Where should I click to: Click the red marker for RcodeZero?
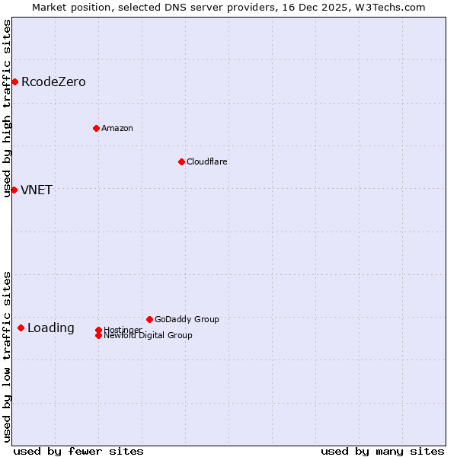(14, 81)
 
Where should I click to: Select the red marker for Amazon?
(96, 128)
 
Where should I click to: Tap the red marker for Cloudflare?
(181, 161)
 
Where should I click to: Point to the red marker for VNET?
(14, 190)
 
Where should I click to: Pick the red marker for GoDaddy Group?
(149, 319)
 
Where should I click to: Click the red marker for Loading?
(21, 328)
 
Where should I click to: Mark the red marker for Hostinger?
(98, 330)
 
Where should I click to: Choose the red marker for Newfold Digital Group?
(98, 335)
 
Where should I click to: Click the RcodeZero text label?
(53, 82)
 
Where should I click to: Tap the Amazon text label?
(117, 128)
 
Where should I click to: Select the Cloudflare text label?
(207, 161)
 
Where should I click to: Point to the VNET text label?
(37, 190)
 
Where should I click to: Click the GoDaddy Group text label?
(187, 319)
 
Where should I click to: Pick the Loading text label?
(51, 328)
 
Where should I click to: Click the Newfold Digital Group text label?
(148, 336)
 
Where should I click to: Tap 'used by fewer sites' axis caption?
(78, 451)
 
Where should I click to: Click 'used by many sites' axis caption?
(382, 451)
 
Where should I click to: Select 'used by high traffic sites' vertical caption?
(7, 108)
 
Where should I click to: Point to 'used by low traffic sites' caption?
(7, 356)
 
